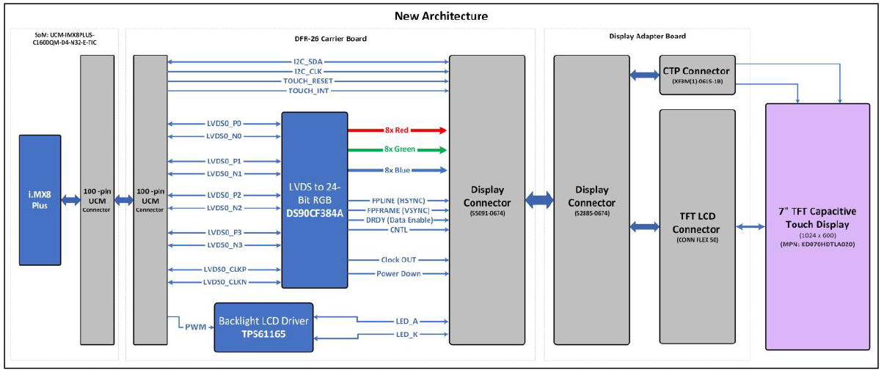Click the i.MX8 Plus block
[x=40, y=200]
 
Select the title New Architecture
[x=441, y=16]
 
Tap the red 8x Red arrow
[x=397, y=130]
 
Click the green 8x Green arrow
[x=397, y=149]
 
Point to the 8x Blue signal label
[x=397, y=170]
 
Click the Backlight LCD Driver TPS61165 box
[x=263, y=327]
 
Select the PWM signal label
[x=195, y=327]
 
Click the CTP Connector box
[x=698, y=75]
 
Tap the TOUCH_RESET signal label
[x=308, y=81]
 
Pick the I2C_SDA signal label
[x=308, y=62]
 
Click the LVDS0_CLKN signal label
[x=225, y=283]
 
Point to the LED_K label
[x=406, y=335]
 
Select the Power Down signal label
[x=398, y=274]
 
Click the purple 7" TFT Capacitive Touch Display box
[x=818, y=226]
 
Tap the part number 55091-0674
[x=487, y=213]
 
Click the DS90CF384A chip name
[x=315, y=213]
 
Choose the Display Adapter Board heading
[x=647, y=36]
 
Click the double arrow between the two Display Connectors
[x=539, y=200]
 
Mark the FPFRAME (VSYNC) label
[x=398, y=211]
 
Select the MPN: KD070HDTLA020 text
[x=817, y=244]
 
